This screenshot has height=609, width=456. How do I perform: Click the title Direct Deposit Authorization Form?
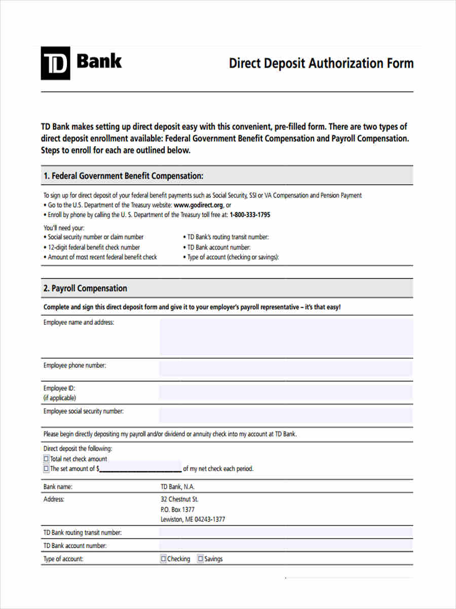click(x=321, y=63)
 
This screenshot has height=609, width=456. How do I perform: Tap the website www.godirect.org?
click(x=198, y=205)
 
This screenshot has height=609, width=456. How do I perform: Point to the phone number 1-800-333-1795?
click(x=250, y=215)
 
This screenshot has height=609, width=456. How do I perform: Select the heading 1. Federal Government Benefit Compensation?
click(x=123, y=176)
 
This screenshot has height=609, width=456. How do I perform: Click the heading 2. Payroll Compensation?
click(x=85, y=288)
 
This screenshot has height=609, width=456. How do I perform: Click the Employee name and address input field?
click(x=286, y=336)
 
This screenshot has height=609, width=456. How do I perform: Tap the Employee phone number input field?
click(x=286, y=368)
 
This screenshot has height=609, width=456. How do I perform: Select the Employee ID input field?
click(x=286, y=392)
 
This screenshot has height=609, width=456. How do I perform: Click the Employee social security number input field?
click(x=286, y=415)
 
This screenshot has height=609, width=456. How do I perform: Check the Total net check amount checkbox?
click(x=47, y=459)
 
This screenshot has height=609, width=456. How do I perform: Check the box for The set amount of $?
click(x=47, y=469)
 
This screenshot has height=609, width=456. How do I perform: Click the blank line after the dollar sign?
click(x=140, y=469)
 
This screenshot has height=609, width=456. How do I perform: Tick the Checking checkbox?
click(x=164, y=559)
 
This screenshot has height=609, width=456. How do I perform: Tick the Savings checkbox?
click(x=201, y=559)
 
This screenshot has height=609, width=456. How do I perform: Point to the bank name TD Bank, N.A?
click(x=177, y=487)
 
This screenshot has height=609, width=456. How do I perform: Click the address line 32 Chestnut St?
click(x=179, y=499)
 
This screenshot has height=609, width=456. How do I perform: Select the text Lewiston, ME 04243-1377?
click(x=193, y=519)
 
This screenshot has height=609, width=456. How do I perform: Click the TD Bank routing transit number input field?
click(x=286, y=532)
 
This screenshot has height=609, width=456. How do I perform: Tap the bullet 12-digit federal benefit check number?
click(x=94, y=247)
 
